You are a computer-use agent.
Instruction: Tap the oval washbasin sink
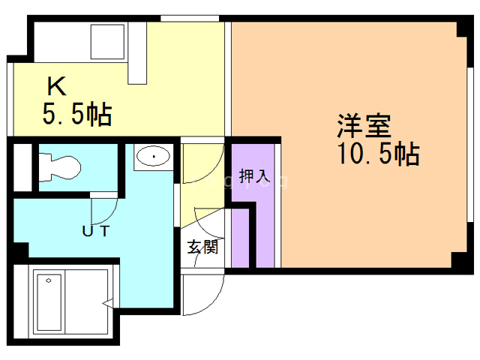pos(154,157)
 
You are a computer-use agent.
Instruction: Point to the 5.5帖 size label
pos(76,115)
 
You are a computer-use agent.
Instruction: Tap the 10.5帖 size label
pos(377,154)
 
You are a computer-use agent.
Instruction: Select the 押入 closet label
pos(253,177)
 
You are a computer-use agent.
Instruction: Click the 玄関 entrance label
pos(202,246)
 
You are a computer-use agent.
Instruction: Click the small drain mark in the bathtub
pos(49,280)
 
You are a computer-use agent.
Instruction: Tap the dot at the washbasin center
pos(154,156)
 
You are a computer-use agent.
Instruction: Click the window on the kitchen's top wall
pos(184,18)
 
